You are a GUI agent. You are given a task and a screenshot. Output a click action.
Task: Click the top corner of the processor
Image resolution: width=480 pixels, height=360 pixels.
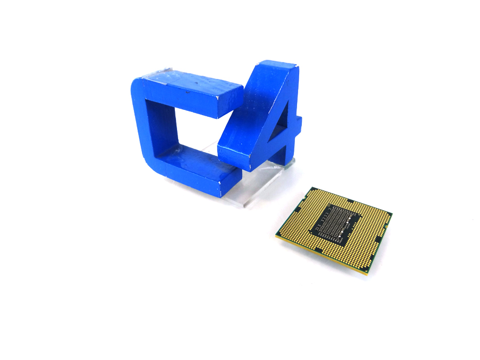[311, 188]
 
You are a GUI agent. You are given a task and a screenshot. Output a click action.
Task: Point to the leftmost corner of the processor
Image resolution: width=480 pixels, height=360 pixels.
[276, 235]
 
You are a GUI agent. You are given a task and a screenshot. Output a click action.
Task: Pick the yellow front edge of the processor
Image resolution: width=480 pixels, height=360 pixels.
[320, 257]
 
